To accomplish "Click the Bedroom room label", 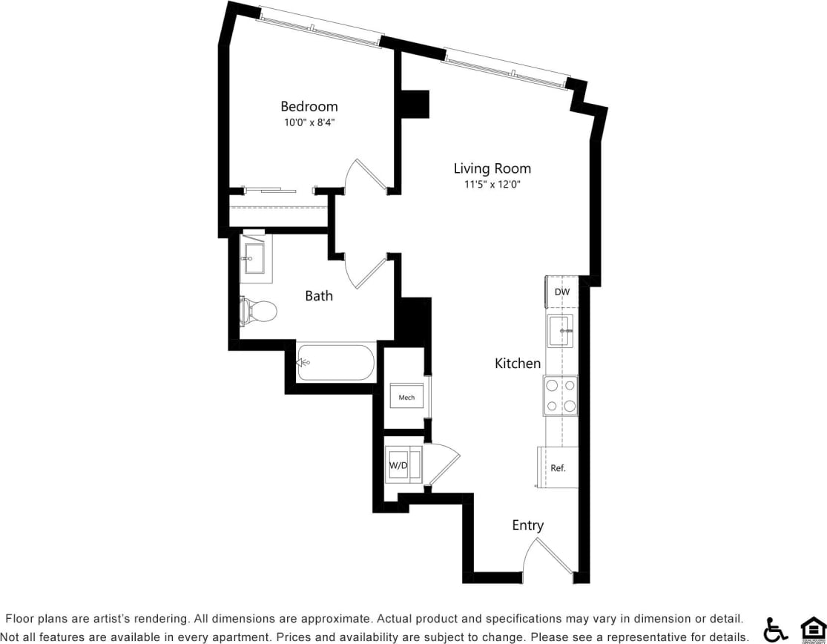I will click(x=309, y=107).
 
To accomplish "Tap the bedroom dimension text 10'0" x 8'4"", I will click(x=309, y=122).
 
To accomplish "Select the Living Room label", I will click(x=492, y=168).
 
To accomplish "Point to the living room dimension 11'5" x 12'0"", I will click(x=492, y=185).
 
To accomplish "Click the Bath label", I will click(x=319, y=296).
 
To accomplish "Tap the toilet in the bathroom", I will click(x=258, y=311).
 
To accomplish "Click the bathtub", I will click(x=335, y=362).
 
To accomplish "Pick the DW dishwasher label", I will click(x=562, y=292).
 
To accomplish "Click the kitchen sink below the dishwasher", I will click(x=561, y=330).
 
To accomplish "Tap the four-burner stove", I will click(x=561, y=396).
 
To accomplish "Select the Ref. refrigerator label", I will click(x=558, y=468).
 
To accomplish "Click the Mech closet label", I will click(x=406, y=398).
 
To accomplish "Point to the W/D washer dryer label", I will click(x=398, y=466).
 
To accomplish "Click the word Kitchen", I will click(x=518, y=364).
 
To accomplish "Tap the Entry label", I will click(x=527, y=525).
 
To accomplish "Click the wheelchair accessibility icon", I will click(x=776, y=629).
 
